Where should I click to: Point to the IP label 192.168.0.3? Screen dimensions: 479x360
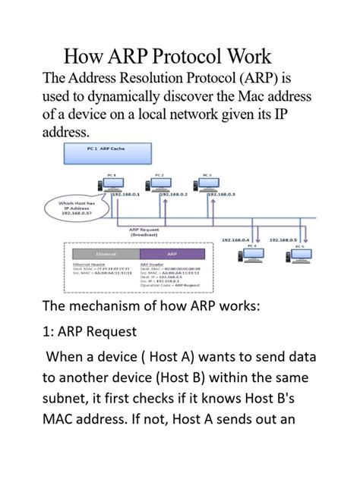coord(220,195)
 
